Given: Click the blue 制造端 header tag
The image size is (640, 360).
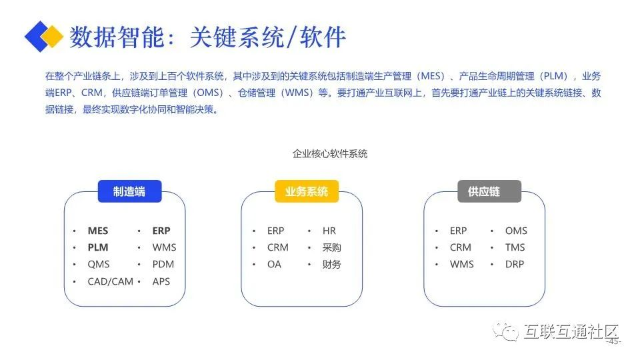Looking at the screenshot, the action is [x=130, y=191].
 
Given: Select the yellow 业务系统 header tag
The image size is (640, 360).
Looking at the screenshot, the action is [x=307, y=191].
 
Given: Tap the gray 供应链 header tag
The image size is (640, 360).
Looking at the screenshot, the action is [x=489, y=191].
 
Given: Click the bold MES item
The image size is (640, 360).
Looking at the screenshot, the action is [x=98, y=231].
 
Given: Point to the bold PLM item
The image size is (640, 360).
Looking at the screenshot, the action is [x=98, y=248].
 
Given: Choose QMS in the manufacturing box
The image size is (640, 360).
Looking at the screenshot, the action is [x=99, y=265].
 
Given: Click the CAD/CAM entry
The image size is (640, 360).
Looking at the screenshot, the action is [x=111, y=281].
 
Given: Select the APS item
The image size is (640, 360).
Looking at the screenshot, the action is [x=161, y=281].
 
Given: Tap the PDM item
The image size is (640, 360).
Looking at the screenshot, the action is [x=163, y=265].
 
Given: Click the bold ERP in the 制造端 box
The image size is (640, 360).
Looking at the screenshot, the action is [x=161, y=231].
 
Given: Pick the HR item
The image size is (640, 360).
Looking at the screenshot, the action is [x=329, y=231].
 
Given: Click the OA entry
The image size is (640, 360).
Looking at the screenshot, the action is [x=274, y=265].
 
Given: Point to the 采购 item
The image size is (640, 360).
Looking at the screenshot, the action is [x=331, y=248].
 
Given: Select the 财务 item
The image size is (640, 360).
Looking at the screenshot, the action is [x=331, y=265].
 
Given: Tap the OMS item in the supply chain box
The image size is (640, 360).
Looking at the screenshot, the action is [x=516, y=231].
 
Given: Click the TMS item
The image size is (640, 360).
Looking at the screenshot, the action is [x=515, y=248].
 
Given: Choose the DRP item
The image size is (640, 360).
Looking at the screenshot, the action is [x=515, y=265].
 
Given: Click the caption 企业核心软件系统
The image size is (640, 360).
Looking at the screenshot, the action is [x=330, y=154].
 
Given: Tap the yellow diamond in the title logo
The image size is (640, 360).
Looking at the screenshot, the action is [x=52, y=36].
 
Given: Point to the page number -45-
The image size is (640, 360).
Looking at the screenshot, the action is [x=614, y=341].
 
